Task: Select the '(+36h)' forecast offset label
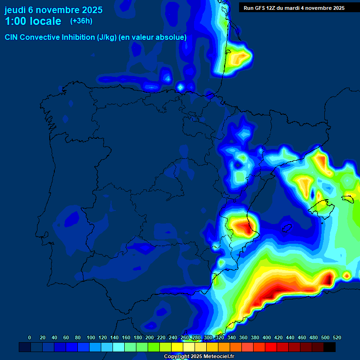click(81, 21)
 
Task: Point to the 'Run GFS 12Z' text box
click(294, 7)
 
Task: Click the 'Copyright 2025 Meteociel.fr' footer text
click(199, 357)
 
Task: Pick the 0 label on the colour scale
click(30, 337)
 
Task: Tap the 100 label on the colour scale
click(90, 337)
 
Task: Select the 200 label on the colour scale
click(150, 337)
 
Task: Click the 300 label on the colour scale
click(208, 337)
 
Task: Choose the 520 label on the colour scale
click(337, 337)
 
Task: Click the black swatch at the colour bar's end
click(330, 347)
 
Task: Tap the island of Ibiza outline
click(287, 228)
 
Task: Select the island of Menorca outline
click(347, 198)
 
